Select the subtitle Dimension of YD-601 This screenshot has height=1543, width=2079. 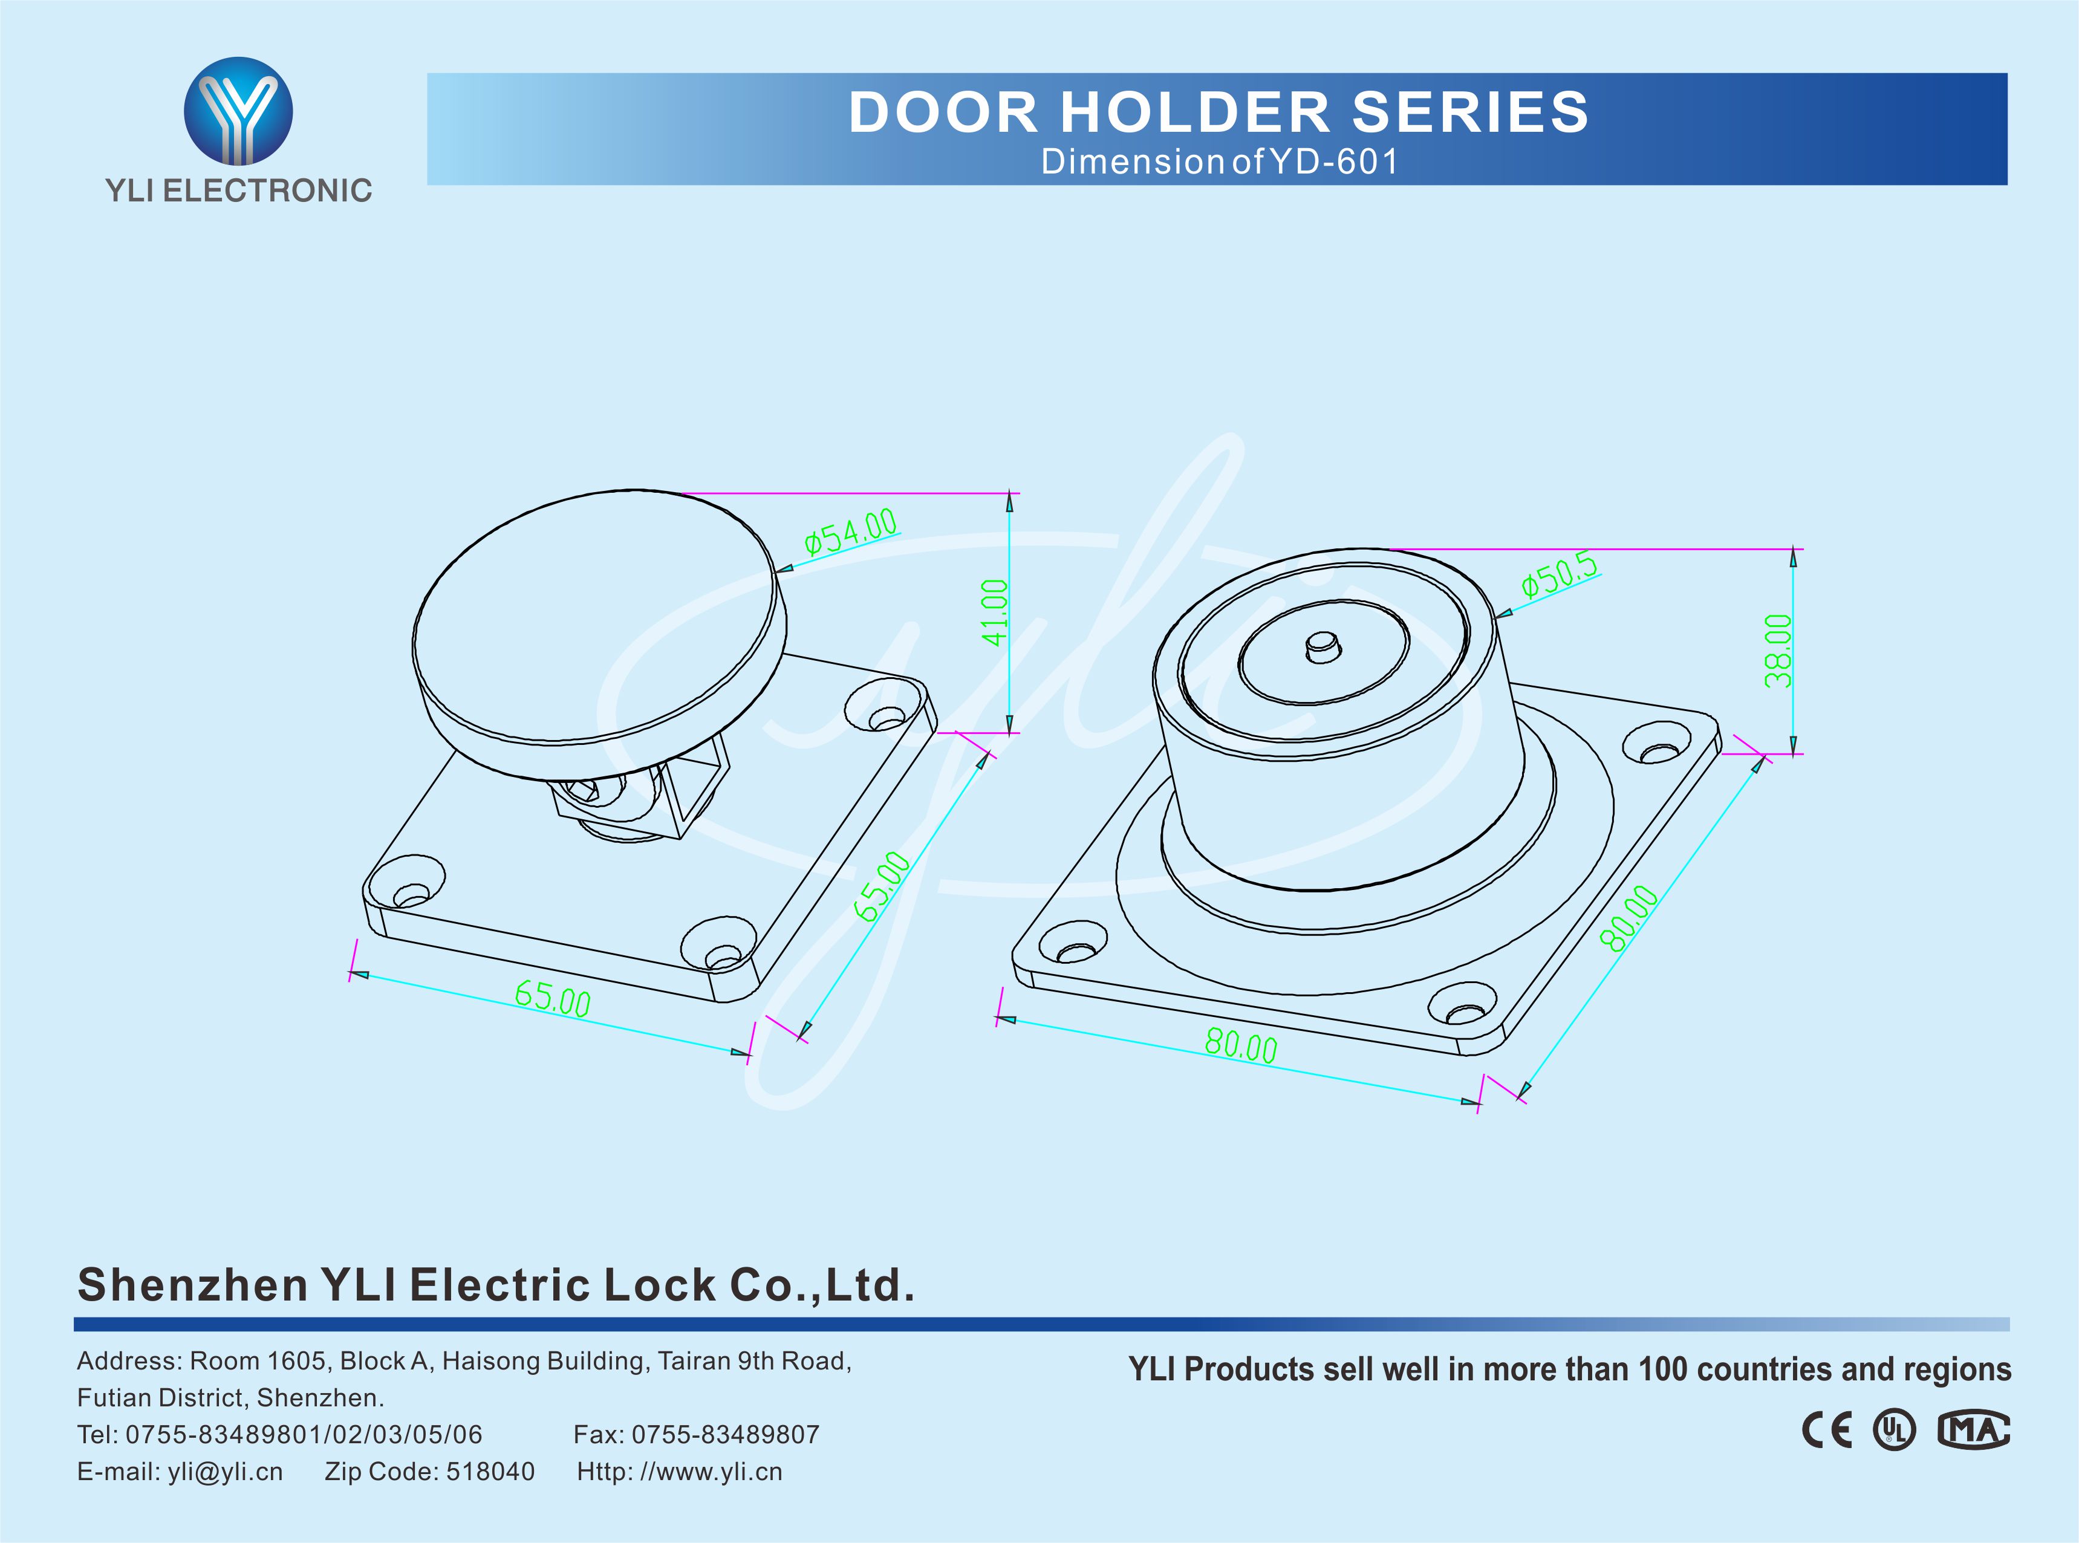click(x=1220, y=161)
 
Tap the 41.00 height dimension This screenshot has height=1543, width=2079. click(x=995, y=612)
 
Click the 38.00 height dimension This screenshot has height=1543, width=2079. click(x=1778, y=651)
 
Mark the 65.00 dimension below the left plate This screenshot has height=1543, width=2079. click(x=552, y=998)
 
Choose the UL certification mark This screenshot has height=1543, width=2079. click(x=1894, y=1430)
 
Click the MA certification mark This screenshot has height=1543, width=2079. click(x=1973, y=1430)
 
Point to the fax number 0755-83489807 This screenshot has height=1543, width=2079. click(x=725, y=1435)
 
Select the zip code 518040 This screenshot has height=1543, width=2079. click(x=490, y=1472)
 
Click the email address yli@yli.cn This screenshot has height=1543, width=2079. click(x=225, y=1472)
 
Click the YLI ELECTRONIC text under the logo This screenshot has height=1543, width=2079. click(x=238, y=190)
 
